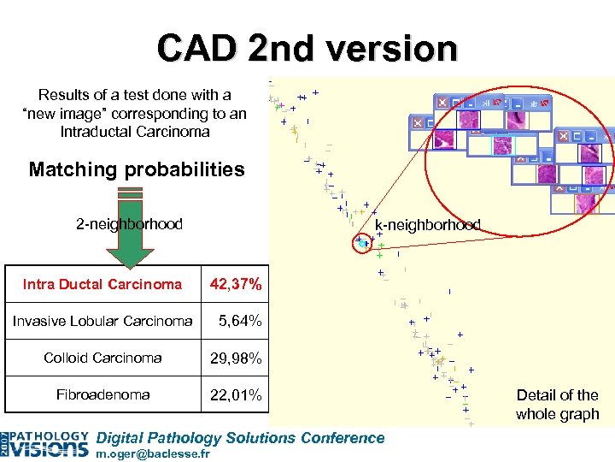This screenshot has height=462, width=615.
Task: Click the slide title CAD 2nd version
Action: pyautogui.click(x=307, y=48)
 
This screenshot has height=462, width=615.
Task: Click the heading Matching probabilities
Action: pyautogui.click(x=137, y=169)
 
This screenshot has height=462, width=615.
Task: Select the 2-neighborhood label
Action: pyautogui.click(x=129, y=224)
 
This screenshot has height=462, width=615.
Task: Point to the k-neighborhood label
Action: pyautogui.click(x=428, y=225)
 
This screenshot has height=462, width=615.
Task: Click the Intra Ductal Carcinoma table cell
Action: pyautogui.click(x=102, y=284)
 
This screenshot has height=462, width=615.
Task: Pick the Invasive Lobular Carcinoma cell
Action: pyautogui.click(x=102, y=321)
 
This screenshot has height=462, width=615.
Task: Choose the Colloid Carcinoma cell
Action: pyautogui.click(x=102, y=358)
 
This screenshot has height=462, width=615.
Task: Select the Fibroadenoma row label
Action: pyautogui.click(x=102, y=394)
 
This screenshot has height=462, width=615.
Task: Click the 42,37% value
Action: pyautogui.click(x=237, y=284)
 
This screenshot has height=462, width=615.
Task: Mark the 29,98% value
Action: pyautogui.click(x=237, y=358)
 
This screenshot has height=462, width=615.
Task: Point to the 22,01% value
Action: pyautogui.click(x=237, y=395)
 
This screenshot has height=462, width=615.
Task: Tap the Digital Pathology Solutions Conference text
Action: pyautogui.click(x=241, y=438)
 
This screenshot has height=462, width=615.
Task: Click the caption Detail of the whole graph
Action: pyautogui.click(x=557, y=405)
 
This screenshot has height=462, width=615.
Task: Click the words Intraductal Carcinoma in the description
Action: pyautogui.click(x=135, y=132)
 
